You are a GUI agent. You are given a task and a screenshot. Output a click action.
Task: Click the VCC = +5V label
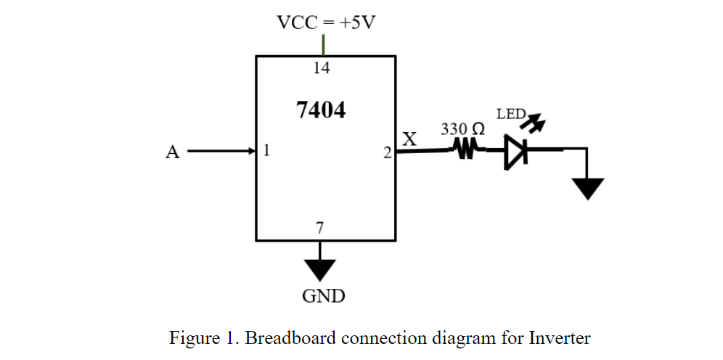click(326, 22)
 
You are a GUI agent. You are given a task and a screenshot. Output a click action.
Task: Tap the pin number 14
click(322, 68)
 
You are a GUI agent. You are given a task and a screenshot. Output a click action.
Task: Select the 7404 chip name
click(321, 110)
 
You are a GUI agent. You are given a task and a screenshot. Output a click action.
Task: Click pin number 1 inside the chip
click(266, 151)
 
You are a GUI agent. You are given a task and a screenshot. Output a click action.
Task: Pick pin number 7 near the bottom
click(319, 228)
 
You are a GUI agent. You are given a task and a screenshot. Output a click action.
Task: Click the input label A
click(172, 152)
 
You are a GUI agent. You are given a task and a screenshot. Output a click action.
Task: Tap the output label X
click(409, 139)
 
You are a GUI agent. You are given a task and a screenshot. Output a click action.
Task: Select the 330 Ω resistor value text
click(463, 129)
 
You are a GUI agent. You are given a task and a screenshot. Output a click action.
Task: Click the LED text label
click(510, 114)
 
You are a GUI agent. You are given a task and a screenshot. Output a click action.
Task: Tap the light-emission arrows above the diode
click(534, 123)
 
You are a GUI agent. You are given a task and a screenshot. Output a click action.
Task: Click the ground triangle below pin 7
click(319, 269)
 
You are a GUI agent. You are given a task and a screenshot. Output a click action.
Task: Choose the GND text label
click(323, 296)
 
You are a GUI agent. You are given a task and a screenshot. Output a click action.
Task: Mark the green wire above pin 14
click(322, 44)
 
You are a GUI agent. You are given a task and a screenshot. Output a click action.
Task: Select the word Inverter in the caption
click(560, 338)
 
